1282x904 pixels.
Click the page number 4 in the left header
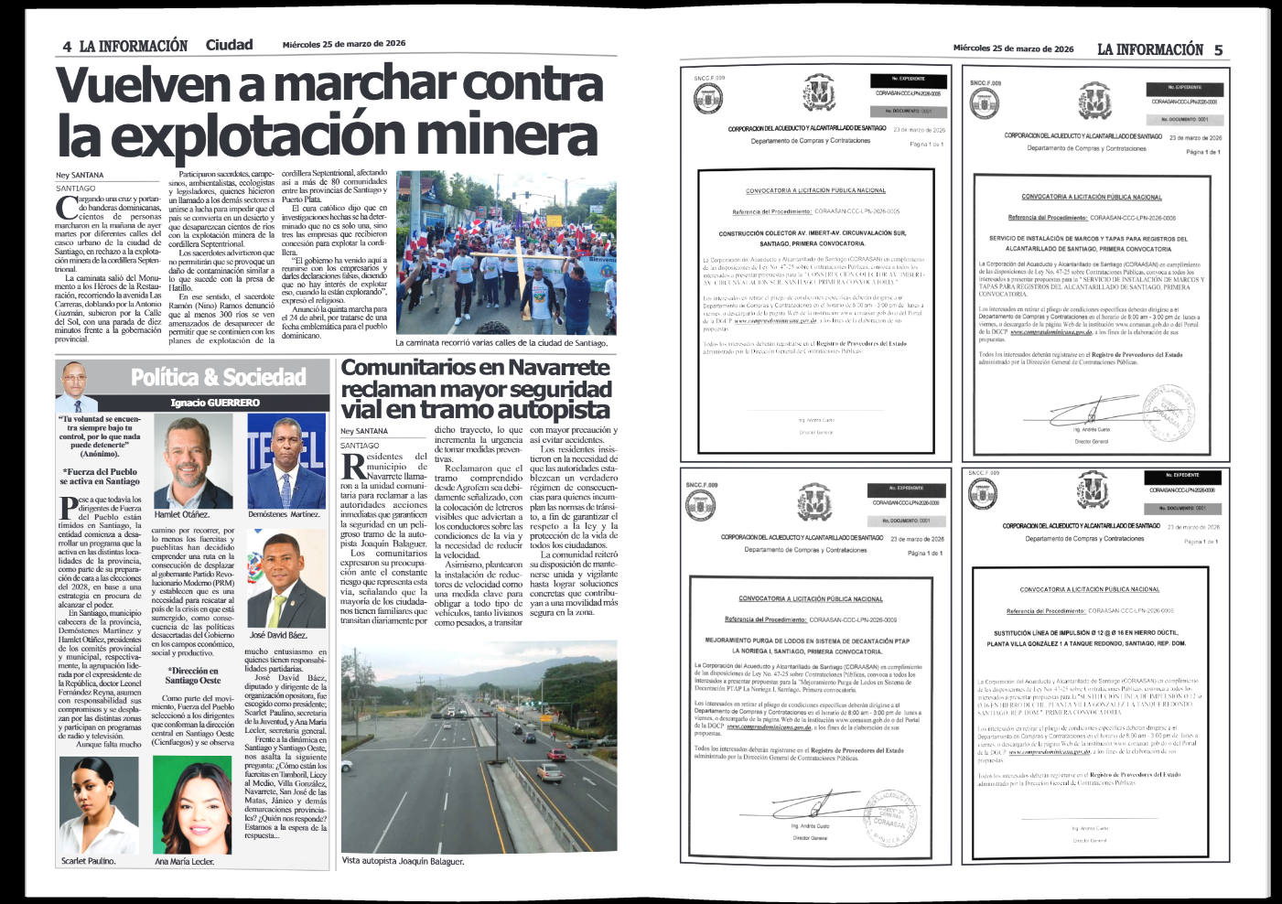tap(67, 47)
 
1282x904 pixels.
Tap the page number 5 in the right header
tap(1218, 49)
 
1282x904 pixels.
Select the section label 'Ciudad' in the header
tap(229, 45)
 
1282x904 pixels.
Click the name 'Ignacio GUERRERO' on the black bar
tap(215, 403)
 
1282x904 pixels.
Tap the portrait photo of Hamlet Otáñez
tap(193, 462)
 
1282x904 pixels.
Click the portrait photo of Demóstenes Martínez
tap(286, 461)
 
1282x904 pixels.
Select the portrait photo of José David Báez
tap(286, 581)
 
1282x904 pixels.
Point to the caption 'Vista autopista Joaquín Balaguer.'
tap(403, 861)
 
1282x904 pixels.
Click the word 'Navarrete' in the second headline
tap(558, 368)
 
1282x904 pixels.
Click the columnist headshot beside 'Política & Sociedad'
tap(78, 386)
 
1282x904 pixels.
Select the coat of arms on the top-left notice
tap(819, 93)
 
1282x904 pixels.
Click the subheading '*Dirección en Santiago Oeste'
tap(193, 675)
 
